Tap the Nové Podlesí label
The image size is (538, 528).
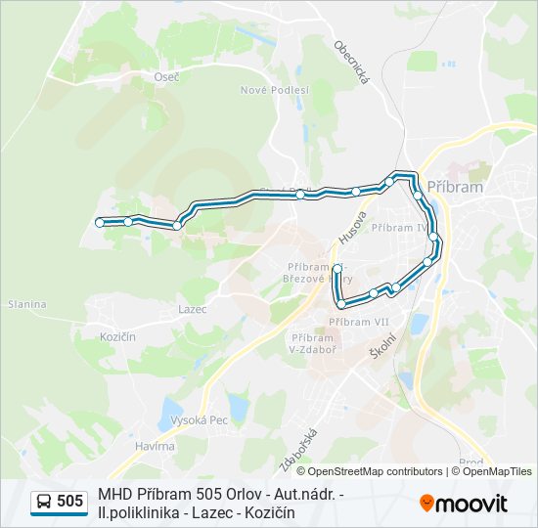275,89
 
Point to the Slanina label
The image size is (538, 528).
26,304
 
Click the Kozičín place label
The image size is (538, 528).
116,335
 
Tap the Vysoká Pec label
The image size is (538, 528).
199,419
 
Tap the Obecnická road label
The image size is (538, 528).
350,62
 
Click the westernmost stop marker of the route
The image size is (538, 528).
100,223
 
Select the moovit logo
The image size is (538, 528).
464,504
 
